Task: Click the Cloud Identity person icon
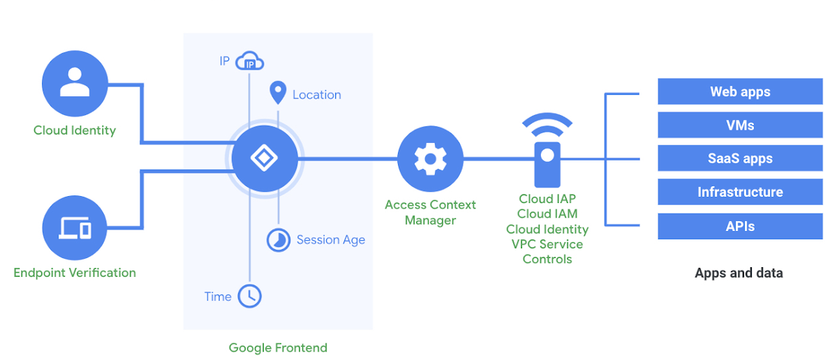(75, 83)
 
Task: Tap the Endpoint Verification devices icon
(75, 227)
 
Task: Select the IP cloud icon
(250, 62)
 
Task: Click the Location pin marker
(278, 93)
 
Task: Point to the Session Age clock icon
(279, 239)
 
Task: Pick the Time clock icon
(249, 296)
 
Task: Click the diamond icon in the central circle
(264, 159)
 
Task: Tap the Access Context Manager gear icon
(430, 159)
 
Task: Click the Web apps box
(740, 91)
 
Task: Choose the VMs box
(740, 125)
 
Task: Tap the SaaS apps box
(740, 158)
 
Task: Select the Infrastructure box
(740, 192)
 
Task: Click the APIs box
(740, 226)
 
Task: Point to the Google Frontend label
(278, 347)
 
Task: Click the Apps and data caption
(739, 273)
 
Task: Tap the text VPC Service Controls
(547, 251)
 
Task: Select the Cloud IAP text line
(547, 199)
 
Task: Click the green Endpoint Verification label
(75, 272)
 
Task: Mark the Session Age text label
(330, 239)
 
